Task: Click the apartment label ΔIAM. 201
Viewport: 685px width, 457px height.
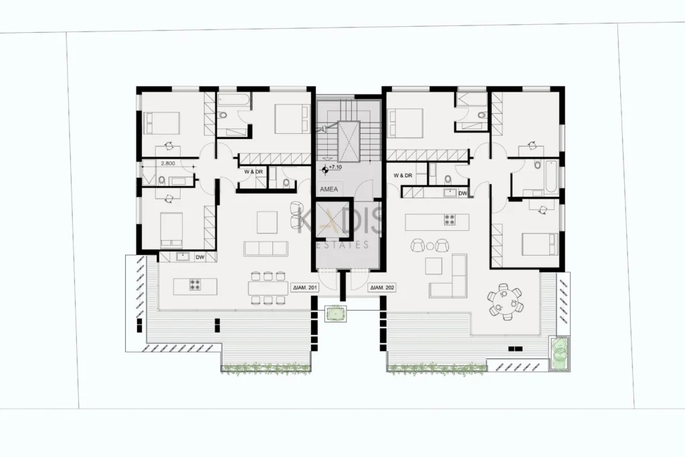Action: click(x=305, y=288)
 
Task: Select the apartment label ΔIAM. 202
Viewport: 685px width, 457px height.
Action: click(x=382, y=288)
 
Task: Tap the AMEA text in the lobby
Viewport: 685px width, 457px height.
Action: click(x=329, y=189)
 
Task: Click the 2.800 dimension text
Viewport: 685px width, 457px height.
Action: click(x=168, y=163)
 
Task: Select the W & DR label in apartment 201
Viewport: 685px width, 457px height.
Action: click(x=254, y=172)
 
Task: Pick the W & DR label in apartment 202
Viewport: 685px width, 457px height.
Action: click(x=403, y=175)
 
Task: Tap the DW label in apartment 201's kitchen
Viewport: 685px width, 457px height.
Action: click(x=200, y=258)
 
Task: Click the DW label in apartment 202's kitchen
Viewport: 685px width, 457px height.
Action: click(x=463, y=193)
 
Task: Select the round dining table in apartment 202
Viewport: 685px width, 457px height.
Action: click(x=506, y=302)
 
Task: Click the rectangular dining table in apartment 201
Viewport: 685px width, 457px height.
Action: click(x=268, y=288)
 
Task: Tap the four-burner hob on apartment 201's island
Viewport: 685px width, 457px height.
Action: click(x=195, y=284)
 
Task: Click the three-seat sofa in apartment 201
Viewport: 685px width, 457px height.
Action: click(x=266, y=248)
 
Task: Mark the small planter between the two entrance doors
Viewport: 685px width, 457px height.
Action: click(x=336, y=314)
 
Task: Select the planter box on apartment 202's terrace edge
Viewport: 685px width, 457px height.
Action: click(x=559, y=353)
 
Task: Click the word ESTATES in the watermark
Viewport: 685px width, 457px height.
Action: click(x=342, y=245)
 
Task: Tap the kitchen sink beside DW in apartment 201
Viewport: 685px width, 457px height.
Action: click(x=182, y=257)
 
